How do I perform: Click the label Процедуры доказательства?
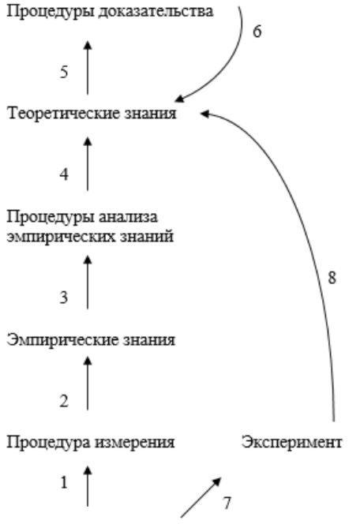(x=110, y=12)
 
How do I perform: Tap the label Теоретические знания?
(x=92, y=114)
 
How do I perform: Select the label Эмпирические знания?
(x=91, y=341)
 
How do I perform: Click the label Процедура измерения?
(x=91, y=443)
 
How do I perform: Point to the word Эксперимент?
(x=292, y=443)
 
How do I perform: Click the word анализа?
(x=128, y=217)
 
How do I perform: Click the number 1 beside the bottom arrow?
(x=64, y=482)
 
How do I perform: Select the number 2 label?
(x=64, y=401)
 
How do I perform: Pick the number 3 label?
(x=64, y=297)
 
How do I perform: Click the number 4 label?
(x=64, y=174)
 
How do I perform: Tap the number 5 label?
(x=64, y=72)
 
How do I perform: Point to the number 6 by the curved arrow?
(x=257, y=32)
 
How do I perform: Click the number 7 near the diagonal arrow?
(x=227, y=503)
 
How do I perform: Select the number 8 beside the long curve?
(x=332, y=278)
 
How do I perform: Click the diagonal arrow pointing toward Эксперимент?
(x=201, y=498)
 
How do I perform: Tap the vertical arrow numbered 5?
(x=88, y=68)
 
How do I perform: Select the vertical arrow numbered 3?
(x=88, y=283)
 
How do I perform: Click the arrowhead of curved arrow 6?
(x=179, y=99)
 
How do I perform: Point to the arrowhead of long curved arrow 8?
(x=204, y=114)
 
